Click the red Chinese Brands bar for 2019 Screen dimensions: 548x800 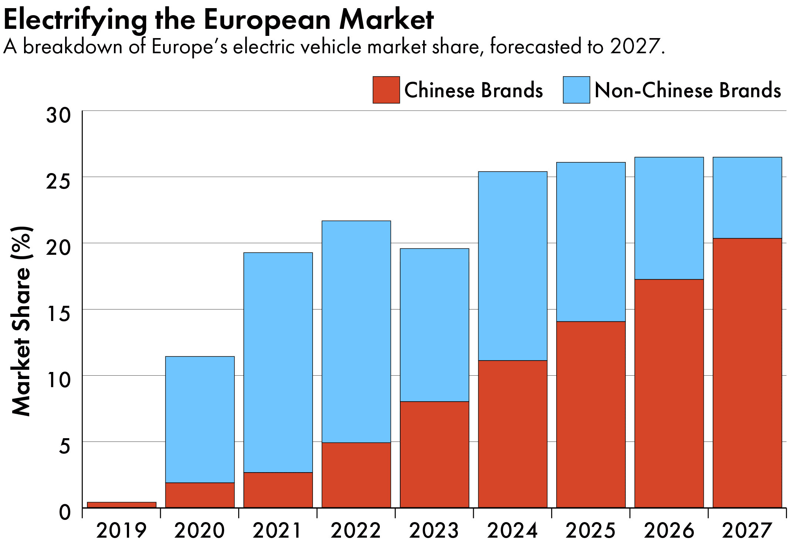121,505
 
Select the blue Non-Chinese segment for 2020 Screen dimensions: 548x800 200,419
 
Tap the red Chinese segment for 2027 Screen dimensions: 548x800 747,373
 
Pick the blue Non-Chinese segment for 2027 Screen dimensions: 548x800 747,197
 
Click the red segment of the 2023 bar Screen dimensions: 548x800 434,454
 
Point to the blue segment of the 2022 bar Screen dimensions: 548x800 356,331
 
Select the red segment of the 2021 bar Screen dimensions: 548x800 278,490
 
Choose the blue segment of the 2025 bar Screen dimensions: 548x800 591,242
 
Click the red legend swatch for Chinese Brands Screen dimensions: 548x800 386,90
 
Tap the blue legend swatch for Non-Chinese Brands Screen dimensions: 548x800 576,90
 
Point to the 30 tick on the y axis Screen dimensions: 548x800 58,115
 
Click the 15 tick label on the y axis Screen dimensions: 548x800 58,314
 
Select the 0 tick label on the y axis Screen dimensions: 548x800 65,513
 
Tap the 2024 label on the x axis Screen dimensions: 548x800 512,531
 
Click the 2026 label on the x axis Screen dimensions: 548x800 669,531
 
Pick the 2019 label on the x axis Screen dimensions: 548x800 121,531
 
